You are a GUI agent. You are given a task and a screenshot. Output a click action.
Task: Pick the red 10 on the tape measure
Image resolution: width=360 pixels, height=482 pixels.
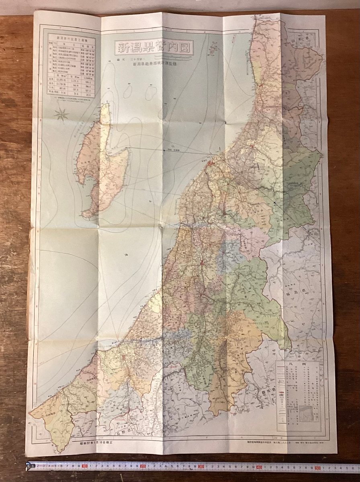85,466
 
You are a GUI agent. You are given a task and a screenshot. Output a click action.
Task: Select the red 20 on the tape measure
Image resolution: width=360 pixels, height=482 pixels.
143,467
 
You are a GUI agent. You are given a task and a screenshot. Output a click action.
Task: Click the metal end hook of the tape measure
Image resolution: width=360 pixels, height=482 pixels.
28,466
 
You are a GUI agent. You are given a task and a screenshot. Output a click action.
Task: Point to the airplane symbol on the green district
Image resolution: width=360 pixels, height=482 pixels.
275,203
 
